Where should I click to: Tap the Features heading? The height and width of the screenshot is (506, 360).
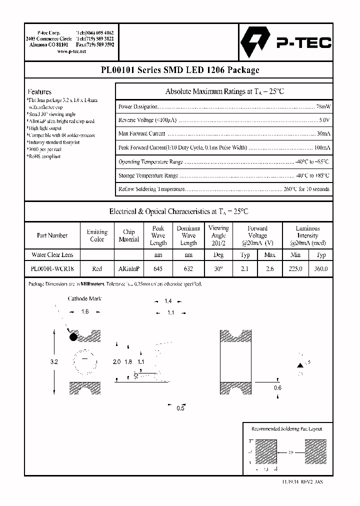[x=39, y=92]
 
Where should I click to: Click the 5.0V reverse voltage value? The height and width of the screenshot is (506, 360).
[x=324, y=120]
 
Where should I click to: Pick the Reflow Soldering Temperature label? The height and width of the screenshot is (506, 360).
[x=152, y=189]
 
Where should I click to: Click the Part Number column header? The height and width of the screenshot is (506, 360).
[x=52, y=235]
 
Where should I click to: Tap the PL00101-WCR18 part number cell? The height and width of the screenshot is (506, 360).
[x=52, y=268]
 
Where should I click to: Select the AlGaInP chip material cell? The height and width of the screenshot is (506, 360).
[x=128, y=268]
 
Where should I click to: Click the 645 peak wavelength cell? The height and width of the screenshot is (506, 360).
[x=158, y=268]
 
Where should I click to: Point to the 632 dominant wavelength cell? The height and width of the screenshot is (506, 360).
[x=188, y=268]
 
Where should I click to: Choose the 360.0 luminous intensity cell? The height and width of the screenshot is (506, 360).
[x=321, y=268]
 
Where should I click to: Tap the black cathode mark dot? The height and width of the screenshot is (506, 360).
[x=73, y=337]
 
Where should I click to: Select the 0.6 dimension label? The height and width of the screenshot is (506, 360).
[x=278, y=387]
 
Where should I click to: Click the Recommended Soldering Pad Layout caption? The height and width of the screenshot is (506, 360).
[x=286, y=429]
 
